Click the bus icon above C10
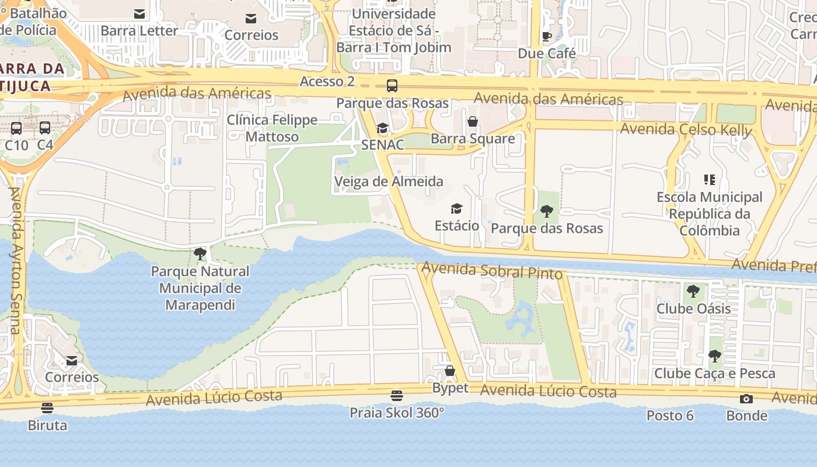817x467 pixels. point(16,128)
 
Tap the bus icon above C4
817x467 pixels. point(45,128)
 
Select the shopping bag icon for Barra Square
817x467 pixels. point(473,121)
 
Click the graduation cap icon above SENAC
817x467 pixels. point(382,128)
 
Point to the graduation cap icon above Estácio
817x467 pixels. point(456,208)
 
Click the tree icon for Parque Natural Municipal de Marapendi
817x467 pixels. point(200,254)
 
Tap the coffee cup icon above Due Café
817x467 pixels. point(547,37)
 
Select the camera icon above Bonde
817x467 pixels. point(746,399)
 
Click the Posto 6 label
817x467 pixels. point(670,416)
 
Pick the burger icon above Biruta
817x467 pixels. point(47,408)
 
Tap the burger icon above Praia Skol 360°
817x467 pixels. point(397,396)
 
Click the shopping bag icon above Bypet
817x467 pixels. point(450,371)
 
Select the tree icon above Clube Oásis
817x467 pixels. point(693,291)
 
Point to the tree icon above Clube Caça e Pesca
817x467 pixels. point(714,356)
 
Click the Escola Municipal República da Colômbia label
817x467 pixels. point(710,214)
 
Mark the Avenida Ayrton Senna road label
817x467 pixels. point(15,260)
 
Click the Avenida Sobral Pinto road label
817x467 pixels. point(492,271)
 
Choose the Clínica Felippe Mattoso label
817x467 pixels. point(272,128)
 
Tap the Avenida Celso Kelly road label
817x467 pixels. point(686,129)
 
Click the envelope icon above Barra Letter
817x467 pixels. point(139,14)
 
